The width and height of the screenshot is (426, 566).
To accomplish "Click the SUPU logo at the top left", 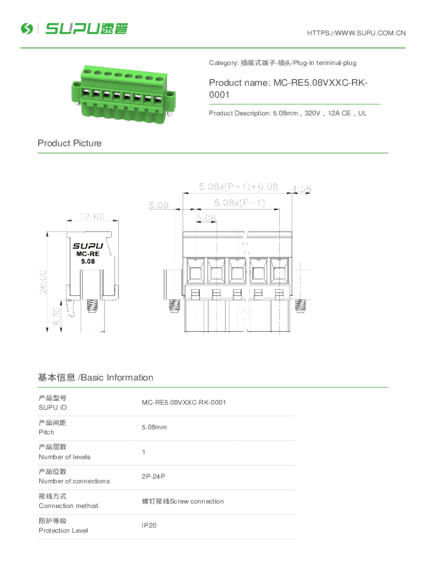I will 74,29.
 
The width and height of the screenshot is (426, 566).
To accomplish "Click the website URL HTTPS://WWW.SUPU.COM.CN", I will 356,33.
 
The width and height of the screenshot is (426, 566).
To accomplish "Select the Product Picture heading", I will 70,143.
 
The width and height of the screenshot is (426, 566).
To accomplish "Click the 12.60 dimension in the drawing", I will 92,216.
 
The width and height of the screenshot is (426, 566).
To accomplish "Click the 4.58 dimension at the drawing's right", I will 302,189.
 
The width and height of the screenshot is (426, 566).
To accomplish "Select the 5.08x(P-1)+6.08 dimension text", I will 238,186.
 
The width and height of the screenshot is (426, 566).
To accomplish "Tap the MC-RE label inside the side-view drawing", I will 87,254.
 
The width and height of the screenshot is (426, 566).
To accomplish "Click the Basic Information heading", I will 95,378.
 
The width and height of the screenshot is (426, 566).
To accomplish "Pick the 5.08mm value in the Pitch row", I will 154,427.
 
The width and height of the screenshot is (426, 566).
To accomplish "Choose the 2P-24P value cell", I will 153,476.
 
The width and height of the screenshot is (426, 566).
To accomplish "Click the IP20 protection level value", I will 149,525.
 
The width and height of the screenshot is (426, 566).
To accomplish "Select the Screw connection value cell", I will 183,501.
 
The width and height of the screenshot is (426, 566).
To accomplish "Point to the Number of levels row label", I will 64,457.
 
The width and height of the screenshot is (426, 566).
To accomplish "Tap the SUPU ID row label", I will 53,407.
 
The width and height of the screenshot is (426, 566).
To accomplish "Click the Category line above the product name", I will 282,63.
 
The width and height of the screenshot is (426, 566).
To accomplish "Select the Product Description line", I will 288,113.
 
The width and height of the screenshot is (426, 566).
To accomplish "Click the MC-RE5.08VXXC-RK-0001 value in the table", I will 184,402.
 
